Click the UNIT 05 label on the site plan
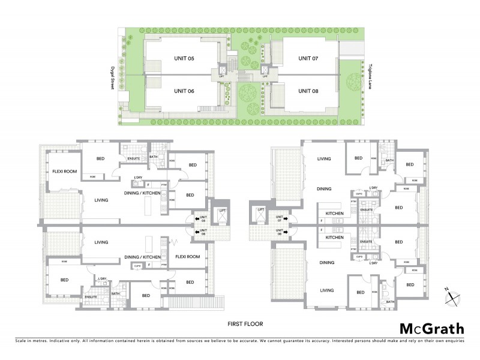click(x=184, y=58)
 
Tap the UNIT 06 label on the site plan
click(x=184, y=91)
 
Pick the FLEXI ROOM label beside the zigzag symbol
click(x=189, y=256)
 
